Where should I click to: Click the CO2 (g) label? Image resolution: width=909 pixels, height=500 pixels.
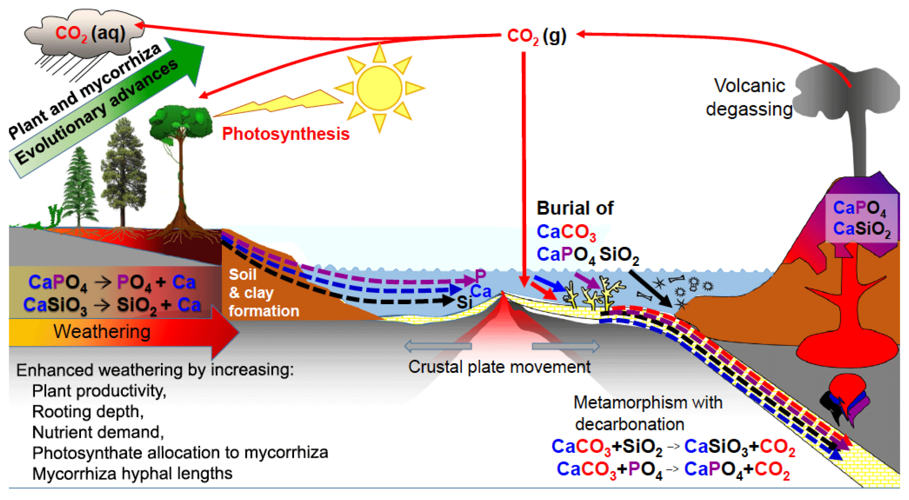[536, 36]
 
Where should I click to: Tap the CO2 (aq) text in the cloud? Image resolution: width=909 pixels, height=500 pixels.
[90, 33]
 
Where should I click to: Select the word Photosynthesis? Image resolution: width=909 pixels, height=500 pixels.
[286, 134]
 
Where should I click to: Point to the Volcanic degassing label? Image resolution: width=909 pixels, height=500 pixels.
[749, 97]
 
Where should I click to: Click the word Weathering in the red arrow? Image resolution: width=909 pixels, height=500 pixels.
[102, 332]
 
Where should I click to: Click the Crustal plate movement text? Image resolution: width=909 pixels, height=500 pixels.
[499, 367]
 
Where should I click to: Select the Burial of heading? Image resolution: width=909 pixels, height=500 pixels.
[575, 208]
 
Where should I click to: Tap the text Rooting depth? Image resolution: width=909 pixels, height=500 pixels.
[88, 411]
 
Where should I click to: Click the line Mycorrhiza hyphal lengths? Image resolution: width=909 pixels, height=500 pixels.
[133, 474]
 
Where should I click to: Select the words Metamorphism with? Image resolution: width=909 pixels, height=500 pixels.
[648, 402]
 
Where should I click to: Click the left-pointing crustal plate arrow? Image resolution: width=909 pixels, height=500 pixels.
[437, 346]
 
